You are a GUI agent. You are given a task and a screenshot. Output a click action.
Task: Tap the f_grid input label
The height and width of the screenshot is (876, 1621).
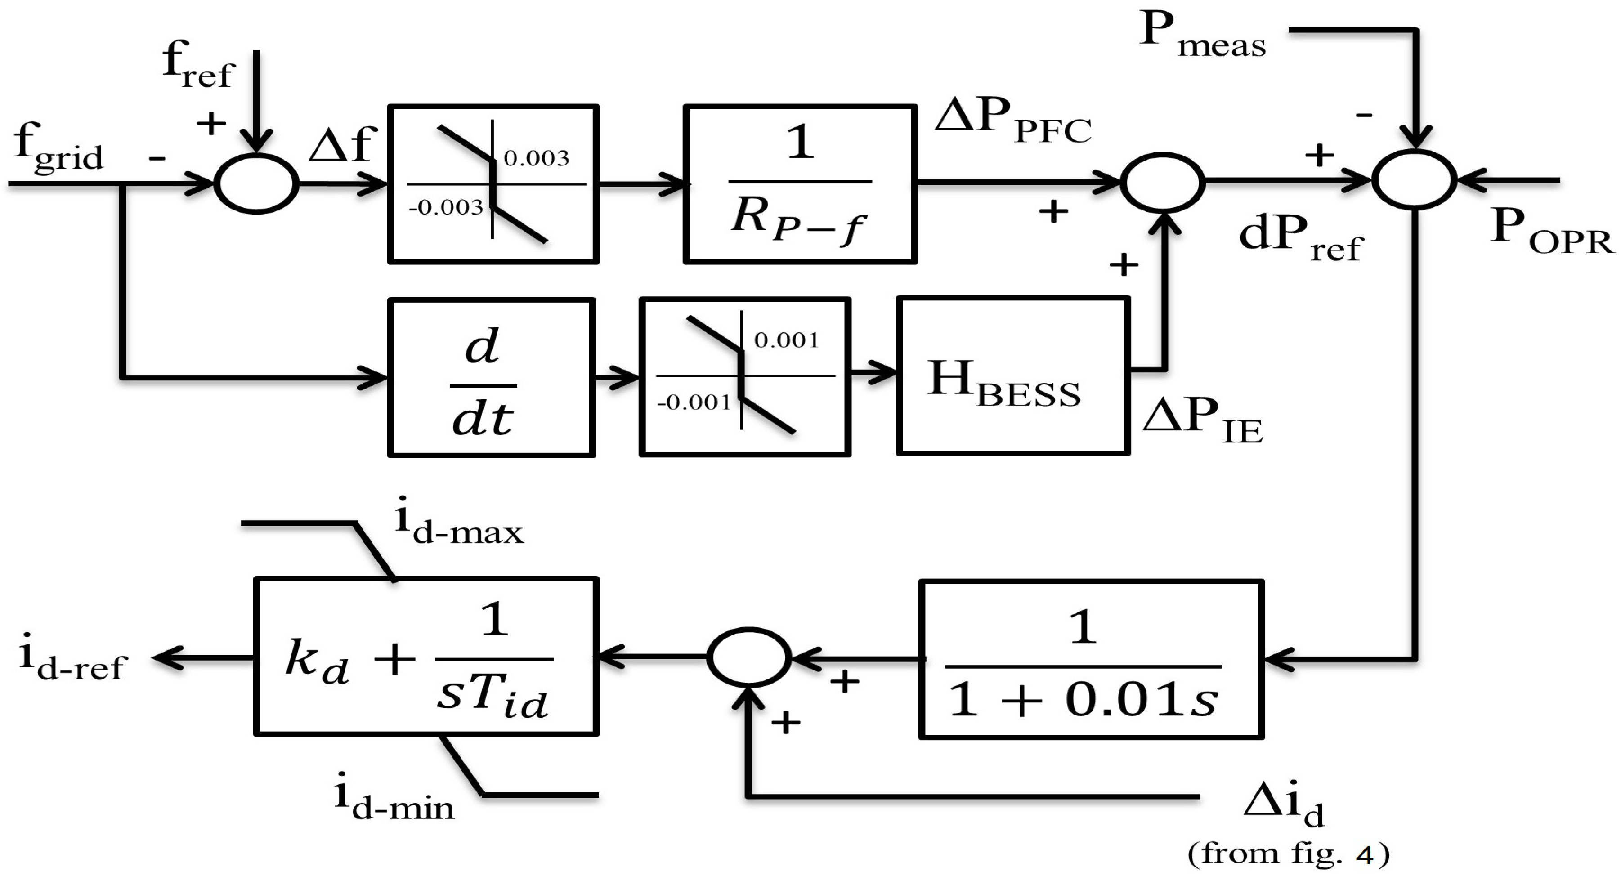(58, 147)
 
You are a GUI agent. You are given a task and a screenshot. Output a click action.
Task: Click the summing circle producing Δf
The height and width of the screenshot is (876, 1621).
(256, 183)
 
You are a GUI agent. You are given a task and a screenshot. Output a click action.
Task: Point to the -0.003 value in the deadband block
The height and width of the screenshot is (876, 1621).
(446, 207)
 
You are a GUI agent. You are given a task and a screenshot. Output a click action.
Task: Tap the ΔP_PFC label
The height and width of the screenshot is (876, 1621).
(1012, 121)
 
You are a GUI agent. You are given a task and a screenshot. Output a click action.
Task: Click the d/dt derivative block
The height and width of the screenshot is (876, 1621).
(491, 378)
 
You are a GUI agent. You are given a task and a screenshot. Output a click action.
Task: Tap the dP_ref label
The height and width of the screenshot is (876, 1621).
(1299, 239)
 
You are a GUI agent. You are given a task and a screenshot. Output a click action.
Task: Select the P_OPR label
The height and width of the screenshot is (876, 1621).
(1552, 232)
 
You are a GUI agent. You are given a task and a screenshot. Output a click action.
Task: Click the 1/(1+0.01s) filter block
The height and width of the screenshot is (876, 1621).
(1091, 659)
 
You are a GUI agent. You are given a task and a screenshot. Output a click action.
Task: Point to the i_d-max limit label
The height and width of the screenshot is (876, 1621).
(459, 526)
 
